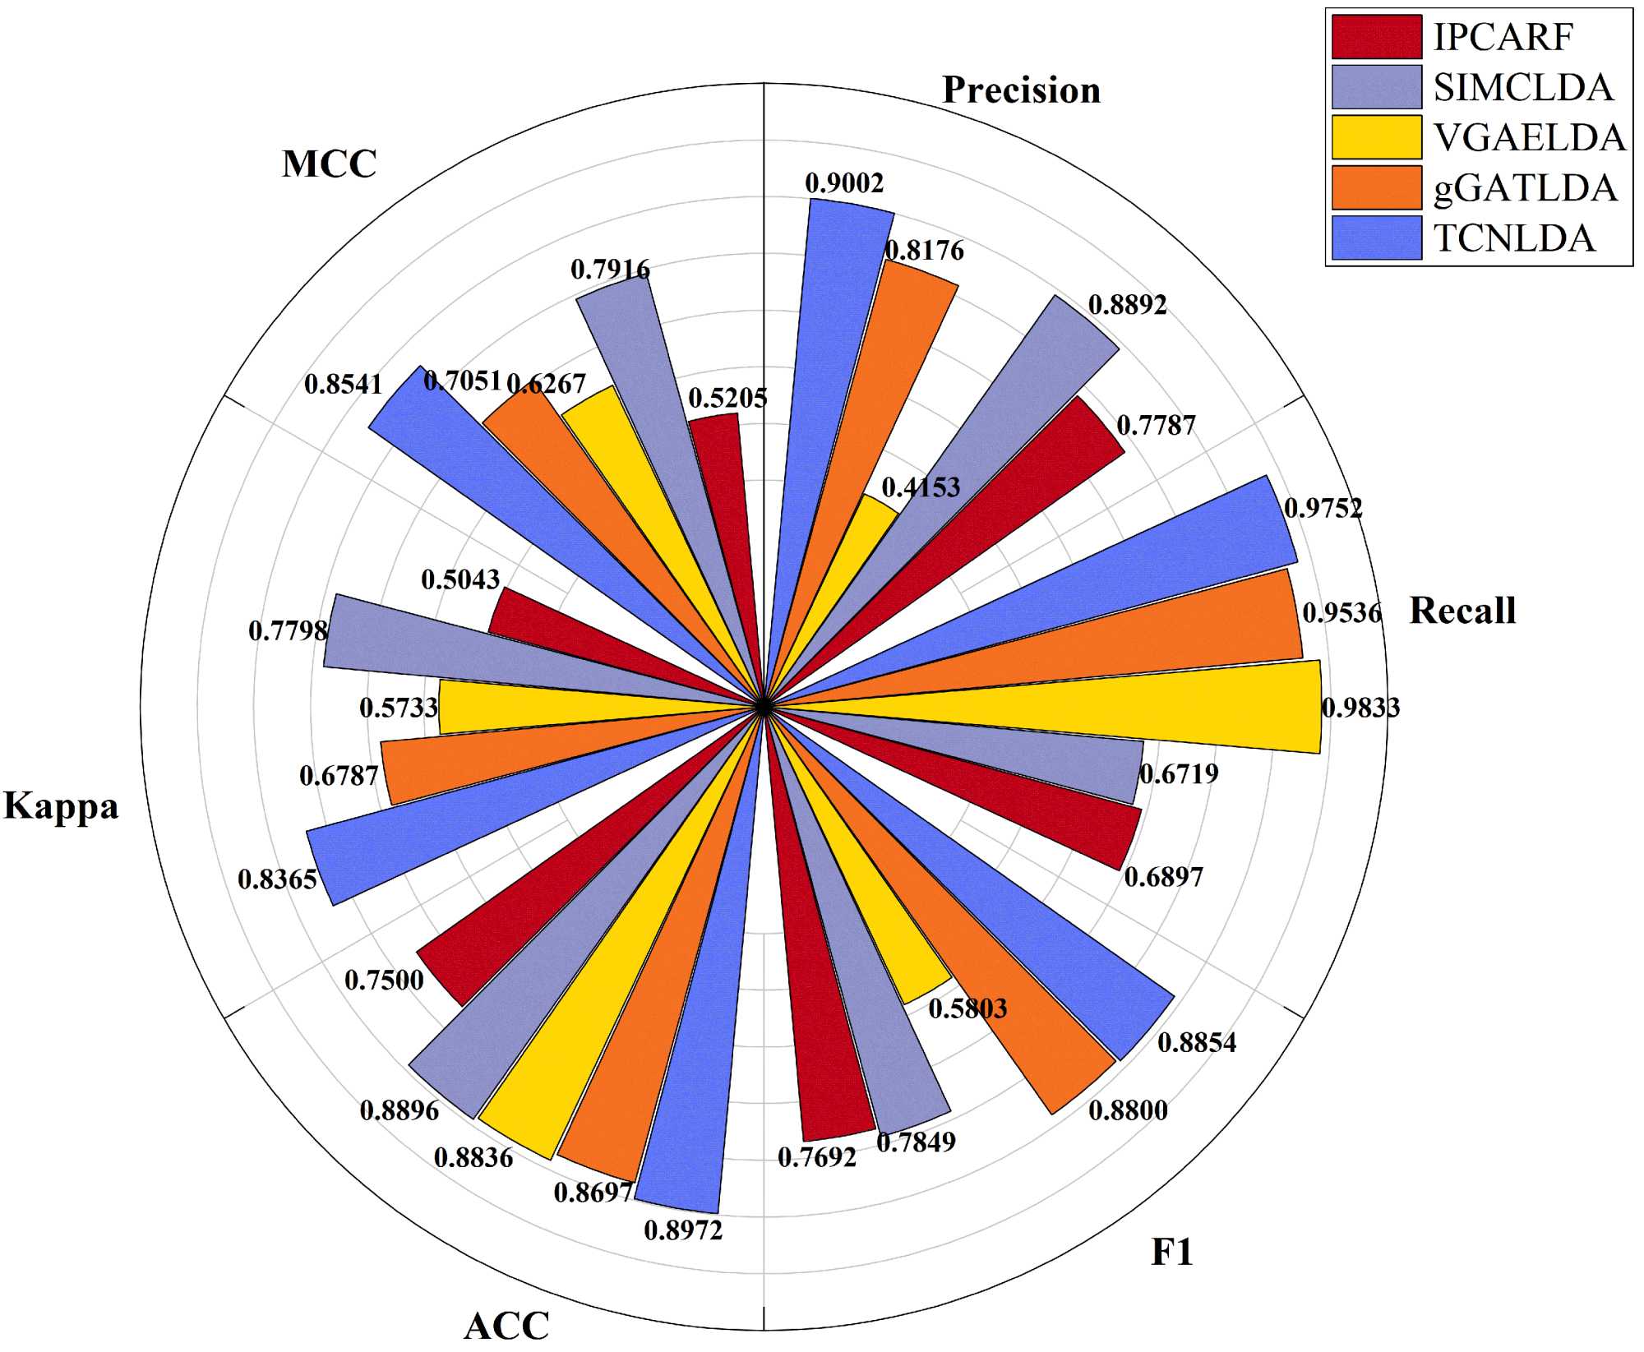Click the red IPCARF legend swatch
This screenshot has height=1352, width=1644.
[x=1376, y=36]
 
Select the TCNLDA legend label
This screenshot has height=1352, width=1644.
[x=1514, y=238]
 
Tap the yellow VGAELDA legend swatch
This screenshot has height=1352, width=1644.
[x=1376, y=137]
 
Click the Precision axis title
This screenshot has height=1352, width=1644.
[x=1021, y=90]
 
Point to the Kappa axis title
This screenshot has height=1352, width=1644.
[x=61, y=805]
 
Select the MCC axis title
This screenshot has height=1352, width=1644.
[x=329, y=164]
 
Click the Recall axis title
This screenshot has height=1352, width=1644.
[x=1462, y=611]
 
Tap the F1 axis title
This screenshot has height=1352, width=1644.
[x=1171, y=1252]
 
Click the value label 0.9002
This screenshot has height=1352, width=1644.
[x=844, y=183]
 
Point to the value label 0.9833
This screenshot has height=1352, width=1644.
[x=1360, y=708]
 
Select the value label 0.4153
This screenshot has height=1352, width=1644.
[x=921, y=487]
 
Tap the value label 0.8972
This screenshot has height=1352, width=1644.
[x=683, y=1230]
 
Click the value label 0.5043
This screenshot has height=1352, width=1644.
[x=460, y=579]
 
